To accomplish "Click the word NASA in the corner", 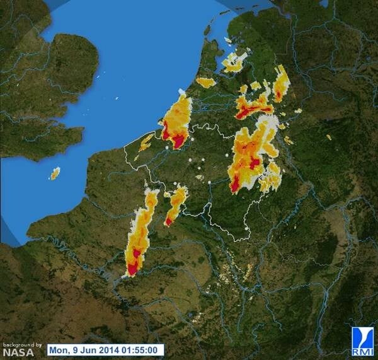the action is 18,352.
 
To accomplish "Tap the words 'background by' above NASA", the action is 22,344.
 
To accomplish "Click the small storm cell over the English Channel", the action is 55,173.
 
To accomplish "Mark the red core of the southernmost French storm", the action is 133,269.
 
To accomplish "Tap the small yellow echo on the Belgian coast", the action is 146,141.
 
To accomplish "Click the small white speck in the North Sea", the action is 118,99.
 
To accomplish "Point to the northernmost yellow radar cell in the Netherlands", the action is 234,61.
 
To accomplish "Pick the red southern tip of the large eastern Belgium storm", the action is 235,186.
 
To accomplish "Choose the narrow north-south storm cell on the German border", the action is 281,83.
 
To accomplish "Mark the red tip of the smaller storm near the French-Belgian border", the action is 169,221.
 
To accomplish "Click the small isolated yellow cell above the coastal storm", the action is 205,82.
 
